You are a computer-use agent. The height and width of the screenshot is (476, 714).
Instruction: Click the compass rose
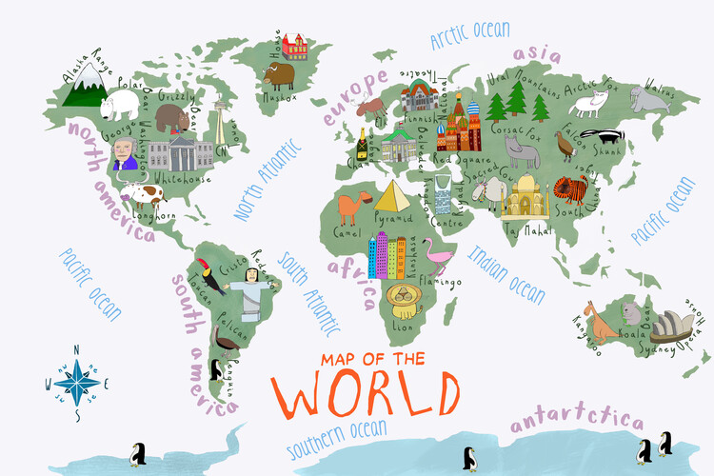click(x=75, y=381)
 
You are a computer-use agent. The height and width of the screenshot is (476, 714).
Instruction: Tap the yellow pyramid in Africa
click(x=391, y=197)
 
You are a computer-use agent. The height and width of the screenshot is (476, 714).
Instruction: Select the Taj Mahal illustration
click(x=526, y=199)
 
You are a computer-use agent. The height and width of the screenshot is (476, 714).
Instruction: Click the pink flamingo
click(x=439, y=255)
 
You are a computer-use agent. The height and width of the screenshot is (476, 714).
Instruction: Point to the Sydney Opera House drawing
click(x=671, y=326)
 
